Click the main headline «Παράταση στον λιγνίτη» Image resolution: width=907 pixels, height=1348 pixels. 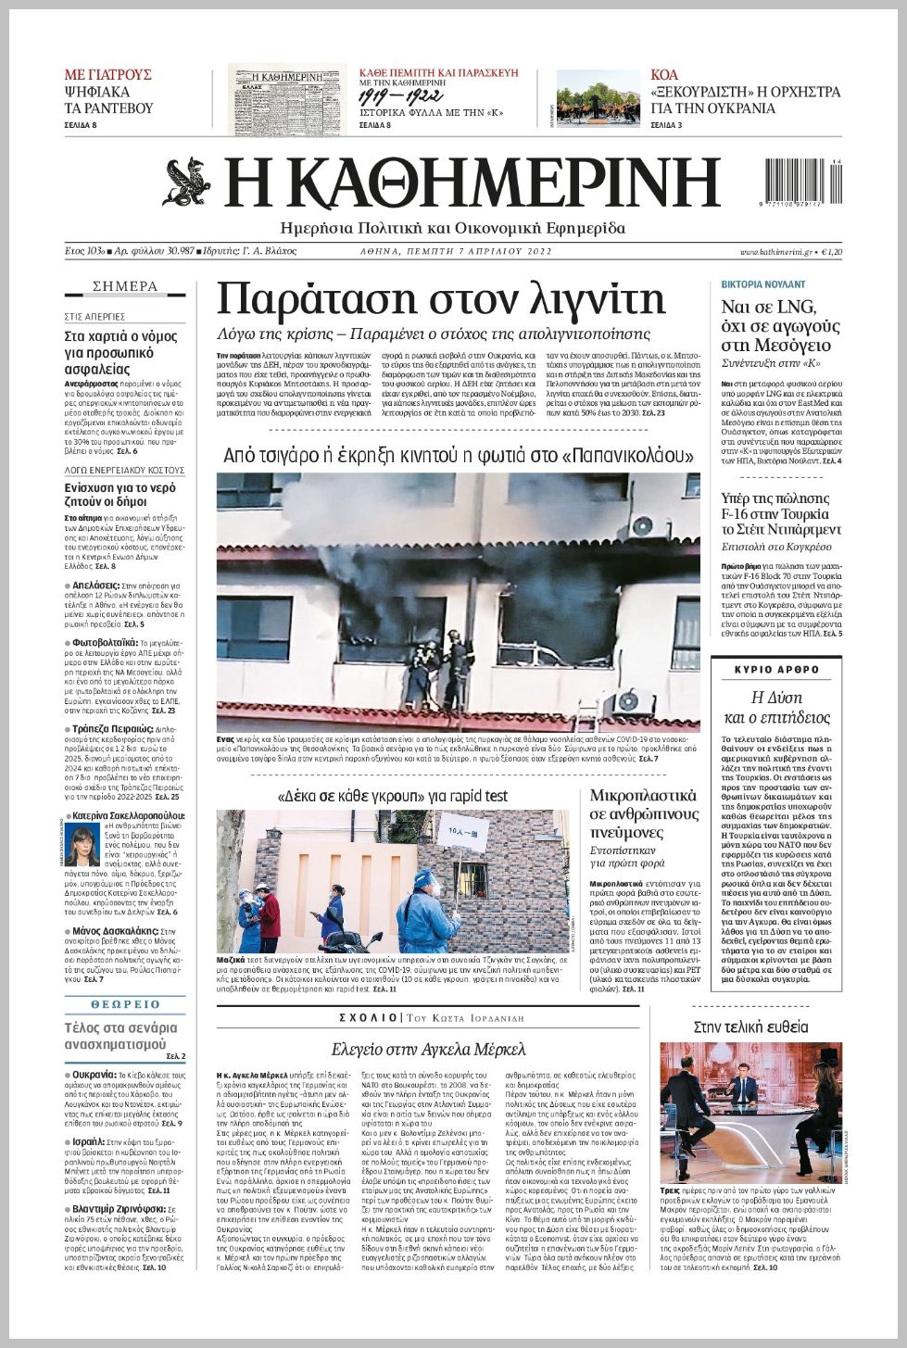click(x=441, y=299)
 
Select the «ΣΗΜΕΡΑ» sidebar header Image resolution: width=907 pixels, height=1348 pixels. click(x=125, y=286)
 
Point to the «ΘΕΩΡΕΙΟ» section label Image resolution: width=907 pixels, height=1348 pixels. click(x=125, y=1004)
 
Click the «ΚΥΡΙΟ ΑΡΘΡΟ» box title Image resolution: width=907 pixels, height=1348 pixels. click(x=776, y=669)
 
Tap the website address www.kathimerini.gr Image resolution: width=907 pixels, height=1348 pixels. click(x=775, y=252)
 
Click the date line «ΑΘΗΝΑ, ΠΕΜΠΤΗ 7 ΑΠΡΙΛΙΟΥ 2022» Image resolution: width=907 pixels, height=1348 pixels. click(x=456, y=252)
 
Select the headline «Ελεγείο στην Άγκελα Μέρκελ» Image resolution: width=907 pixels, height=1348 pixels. click(x=429, y=1049)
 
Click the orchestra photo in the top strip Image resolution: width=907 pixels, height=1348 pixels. click(x=598, y=98)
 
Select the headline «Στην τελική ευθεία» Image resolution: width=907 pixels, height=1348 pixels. click(x=750, y=1027)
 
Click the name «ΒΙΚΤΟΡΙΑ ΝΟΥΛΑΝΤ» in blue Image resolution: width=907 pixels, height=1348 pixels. click(x=763, y=284)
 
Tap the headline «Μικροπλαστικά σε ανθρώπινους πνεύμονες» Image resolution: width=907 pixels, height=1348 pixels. click(x=644, y=813)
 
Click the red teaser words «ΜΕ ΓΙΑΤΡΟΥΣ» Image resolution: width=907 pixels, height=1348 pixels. click(x=107, y=74)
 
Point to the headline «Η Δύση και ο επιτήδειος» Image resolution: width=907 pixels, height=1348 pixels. click(x=776, y=707)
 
